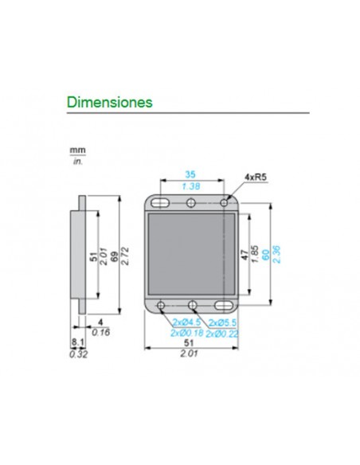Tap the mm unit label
pyautogui.click(x=76, y=150)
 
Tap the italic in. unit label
pyautogui.click(x=77, y=161)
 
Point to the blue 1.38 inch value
pyautogui.click(x=190, y=186)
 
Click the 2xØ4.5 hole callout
pyautogui.click(x=185, y=323)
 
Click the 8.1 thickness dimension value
pyautogui.click(x=76, y=345)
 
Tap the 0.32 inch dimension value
pyautogui.click(x=76, y=355)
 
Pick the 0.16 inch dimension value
pyautogui.click(x=100, y=334)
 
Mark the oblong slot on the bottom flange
pyautogui.click(x=224, y=305)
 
